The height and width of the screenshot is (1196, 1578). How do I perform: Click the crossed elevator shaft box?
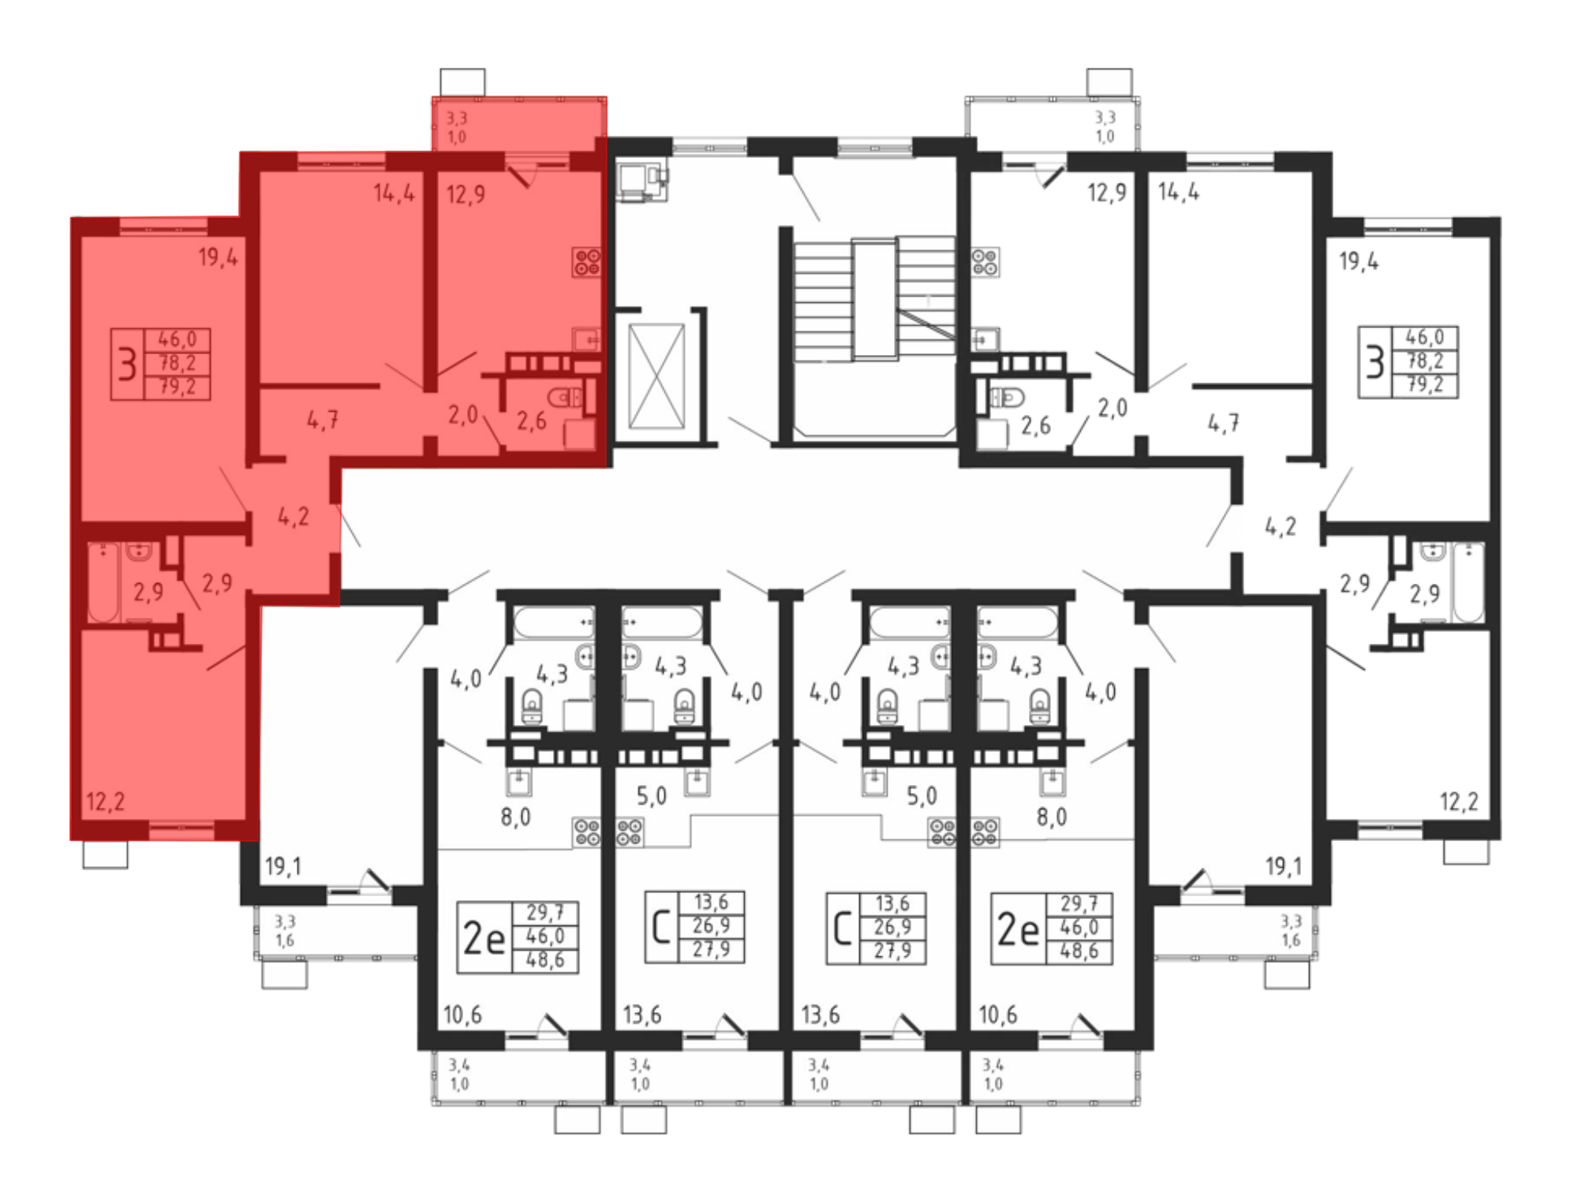(656, 376)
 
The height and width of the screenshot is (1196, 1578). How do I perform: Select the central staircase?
(874, 300)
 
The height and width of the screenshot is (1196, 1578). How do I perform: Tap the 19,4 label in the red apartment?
(218, 257)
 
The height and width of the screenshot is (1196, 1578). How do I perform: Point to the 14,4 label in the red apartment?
(394, 193)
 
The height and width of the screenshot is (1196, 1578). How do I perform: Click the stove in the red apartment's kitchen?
(586, 263)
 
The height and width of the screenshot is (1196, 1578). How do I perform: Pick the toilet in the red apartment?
(565, 397)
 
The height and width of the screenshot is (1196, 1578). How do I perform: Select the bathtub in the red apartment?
(103, 581)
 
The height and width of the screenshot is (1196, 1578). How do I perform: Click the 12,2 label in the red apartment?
(105, 802)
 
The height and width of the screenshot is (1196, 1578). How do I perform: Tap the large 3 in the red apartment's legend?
(127, 364)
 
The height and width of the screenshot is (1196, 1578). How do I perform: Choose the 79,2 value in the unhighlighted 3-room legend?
(1425, 385)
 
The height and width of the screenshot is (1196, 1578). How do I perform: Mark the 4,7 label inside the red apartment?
(323, 420)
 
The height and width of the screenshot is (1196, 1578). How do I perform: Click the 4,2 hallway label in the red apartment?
(294, 517)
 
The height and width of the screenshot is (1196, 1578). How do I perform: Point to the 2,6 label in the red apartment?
(532, 421)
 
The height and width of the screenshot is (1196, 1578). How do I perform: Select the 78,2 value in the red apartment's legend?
(178, 364)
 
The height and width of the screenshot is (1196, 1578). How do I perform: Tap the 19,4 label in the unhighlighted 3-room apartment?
(1359, 261)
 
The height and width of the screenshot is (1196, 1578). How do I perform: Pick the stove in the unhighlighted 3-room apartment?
(985, 263)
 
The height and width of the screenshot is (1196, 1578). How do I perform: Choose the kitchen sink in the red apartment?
(586, 339)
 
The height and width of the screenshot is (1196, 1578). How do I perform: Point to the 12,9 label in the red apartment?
(466, 194)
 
